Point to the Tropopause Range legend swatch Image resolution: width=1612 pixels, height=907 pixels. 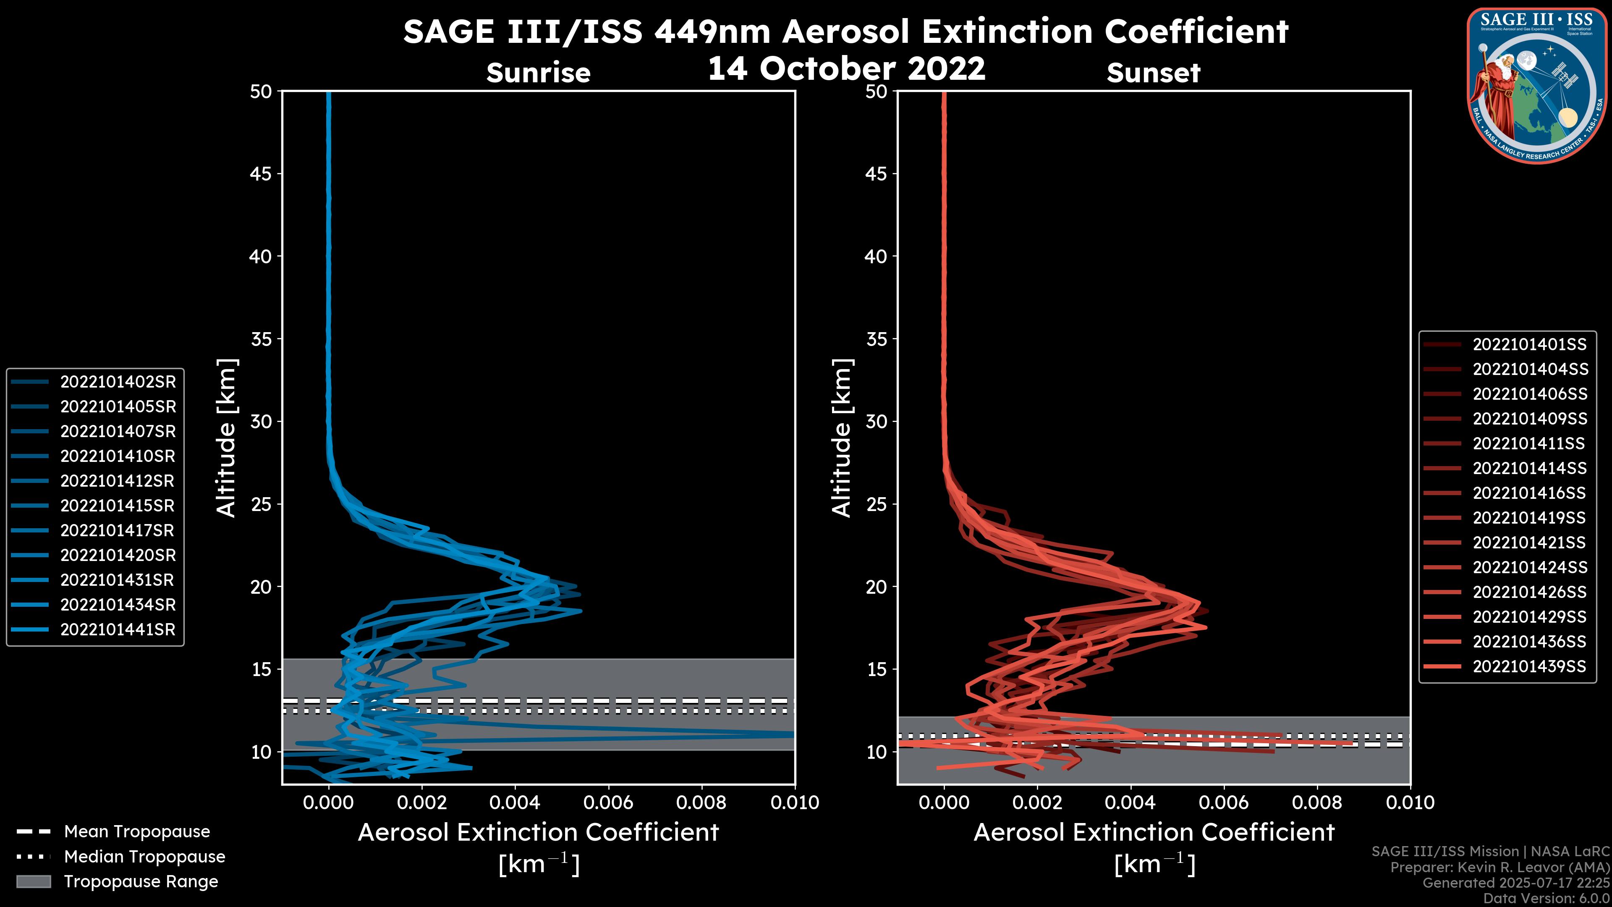tap(33, 881)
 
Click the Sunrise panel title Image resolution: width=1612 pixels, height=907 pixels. tap(538, 73)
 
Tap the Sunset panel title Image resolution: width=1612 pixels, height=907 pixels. tap(1153, 73)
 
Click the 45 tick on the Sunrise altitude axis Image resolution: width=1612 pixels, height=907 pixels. tap(261, 173)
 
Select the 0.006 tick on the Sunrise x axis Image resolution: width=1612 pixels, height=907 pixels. tap(608, 802)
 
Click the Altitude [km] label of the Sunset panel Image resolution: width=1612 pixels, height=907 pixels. tap(842, 438)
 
